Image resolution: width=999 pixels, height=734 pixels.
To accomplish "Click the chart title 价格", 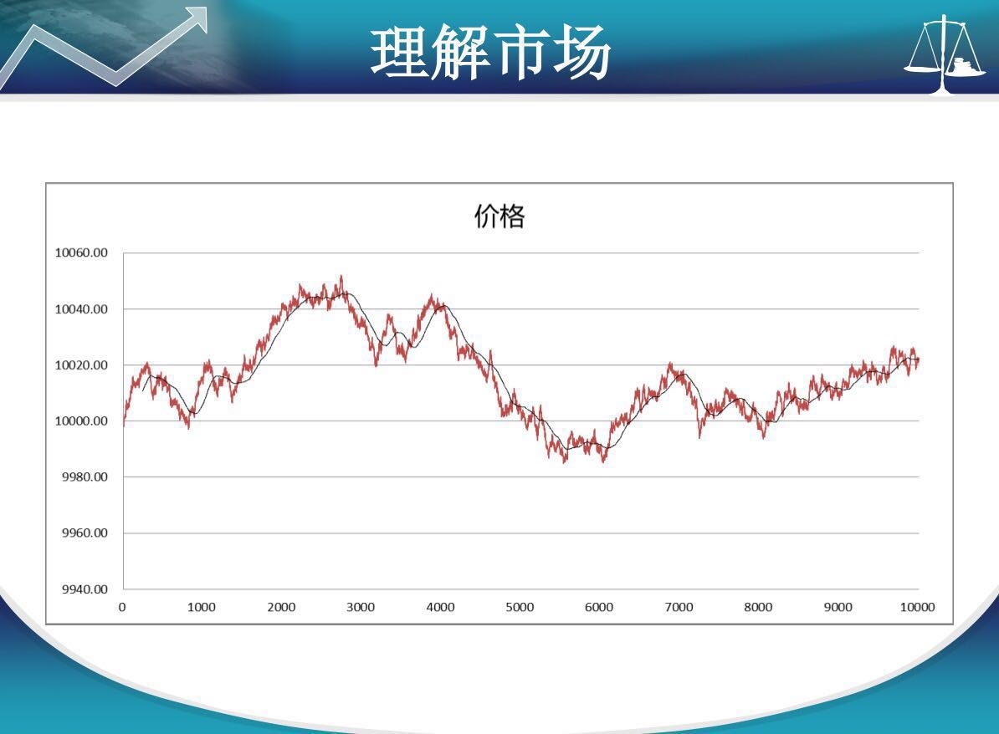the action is pos(499,217).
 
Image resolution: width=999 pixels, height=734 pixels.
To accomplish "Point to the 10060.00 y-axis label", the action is pos(81,252).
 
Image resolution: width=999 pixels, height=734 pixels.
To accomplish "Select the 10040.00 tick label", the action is pos(81,309).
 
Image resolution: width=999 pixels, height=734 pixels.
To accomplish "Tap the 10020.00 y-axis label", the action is pos(81,365).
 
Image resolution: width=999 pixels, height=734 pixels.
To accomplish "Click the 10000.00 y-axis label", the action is pos(81,421).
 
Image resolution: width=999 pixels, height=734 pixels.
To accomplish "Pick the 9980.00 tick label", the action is pos(85,477).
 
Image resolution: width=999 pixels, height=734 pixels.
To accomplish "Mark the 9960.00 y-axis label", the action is pos(85,533).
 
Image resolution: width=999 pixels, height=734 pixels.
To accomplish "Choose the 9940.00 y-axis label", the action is pos(85,589).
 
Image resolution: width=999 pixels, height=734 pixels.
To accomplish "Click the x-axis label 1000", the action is pos(202,607).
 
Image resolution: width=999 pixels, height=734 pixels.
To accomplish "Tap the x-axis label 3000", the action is pos(361,607).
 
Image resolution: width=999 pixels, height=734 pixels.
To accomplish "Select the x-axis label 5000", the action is pos(520,607).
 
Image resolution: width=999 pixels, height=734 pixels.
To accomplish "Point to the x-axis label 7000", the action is pos(679,607).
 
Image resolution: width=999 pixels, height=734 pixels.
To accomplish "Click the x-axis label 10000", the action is pos(918,607).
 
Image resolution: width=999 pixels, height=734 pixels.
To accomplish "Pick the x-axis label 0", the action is pos(122,607).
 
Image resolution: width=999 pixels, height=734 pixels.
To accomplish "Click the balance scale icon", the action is pos(945,54).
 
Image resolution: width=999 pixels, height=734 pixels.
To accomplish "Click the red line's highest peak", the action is pos(341,276).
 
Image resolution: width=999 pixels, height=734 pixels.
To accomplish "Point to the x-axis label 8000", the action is pos(758,607).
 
